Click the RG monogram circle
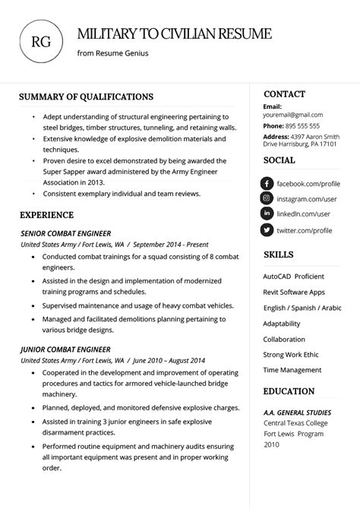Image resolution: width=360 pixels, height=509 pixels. [x=41, y=41]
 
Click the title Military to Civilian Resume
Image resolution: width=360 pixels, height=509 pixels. [x=174, y=33]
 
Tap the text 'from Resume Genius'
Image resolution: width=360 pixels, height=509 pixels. [x=112, y=53]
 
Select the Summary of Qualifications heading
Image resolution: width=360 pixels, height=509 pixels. [x=86, y=96]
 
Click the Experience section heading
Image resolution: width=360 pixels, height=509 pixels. [x=46, y=215]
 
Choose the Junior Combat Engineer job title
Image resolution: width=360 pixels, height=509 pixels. [x=65, y=349]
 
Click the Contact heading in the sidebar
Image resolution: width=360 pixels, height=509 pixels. [x=284, y=94]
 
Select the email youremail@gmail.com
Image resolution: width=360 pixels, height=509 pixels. [x=292, y=115]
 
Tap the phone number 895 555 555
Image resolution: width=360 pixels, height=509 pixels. [x=302, y=126]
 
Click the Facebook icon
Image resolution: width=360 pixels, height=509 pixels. [x=267, y=184]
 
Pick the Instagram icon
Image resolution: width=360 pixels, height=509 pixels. [x=267, y=199]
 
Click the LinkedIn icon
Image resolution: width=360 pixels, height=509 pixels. [x=267, y=214]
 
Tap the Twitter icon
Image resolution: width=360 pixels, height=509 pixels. [x=267, y=230]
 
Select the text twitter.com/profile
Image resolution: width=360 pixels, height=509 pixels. [x=304, y=230]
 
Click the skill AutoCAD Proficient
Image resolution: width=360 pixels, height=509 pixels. [x=293, y=277]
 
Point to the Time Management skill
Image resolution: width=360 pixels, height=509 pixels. [x=292, y=370]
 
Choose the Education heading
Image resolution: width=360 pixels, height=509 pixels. [x=289, y=391]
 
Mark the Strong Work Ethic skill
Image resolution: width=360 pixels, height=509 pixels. [x=291, y=355]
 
